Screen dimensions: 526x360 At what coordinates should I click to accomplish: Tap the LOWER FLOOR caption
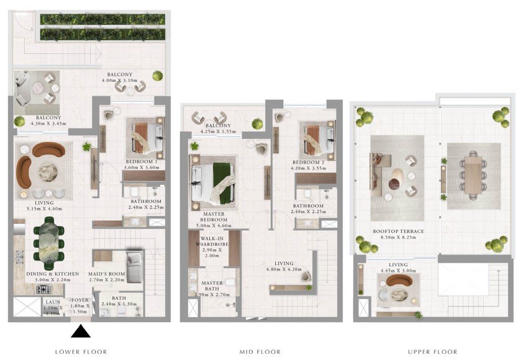pos(81,352)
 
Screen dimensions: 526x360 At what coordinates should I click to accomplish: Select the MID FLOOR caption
pos(260,352)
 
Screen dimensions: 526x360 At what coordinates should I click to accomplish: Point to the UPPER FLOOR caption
pos(432,352)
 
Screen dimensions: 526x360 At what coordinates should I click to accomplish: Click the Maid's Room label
pos(106,274)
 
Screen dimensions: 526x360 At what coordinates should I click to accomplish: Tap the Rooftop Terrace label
pos(398,232)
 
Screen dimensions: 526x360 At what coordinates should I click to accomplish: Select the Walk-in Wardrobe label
pos(212,241)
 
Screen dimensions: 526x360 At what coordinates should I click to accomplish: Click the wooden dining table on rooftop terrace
pos(473,175)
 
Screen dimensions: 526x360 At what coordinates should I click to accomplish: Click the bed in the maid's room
pos(135,267)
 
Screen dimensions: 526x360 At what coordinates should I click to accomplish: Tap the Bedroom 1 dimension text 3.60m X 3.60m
pos(142,167)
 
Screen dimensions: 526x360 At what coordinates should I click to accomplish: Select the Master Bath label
pos(212,286)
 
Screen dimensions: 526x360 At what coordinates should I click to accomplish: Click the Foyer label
pos(80,300)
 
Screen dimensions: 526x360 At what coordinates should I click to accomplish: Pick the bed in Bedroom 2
pos(317,140)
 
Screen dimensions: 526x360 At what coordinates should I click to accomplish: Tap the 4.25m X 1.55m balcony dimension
pos(218,132)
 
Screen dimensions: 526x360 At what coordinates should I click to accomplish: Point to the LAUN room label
pos(53,302)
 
